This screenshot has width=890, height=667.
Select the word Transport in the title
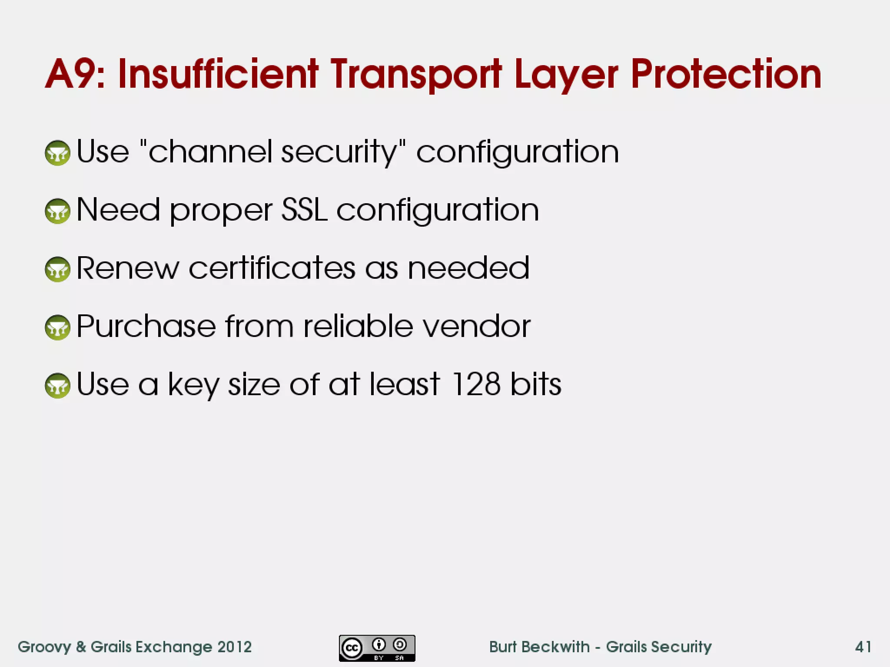point(416,75)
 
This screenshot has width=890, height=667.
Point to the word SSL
point(304,210)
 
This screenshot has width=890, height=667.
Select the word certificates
point(272,268)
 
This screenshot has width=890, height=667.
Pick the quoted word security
point(339,152)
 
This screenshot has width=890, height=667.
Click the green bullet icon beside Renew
point(57,269)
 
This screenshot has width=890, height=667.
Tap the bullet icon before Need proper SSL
point(57,211)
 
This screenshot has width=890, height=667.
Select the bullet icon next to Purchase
point(57,327)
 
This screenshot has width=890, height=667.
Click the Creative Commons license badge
point(377,648)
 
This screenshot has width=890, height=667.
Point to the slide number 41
point(863,647)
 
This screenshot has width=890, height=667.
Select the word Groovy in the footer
point(44,647)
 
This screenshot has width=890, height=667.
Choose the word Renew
point(127,268)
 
